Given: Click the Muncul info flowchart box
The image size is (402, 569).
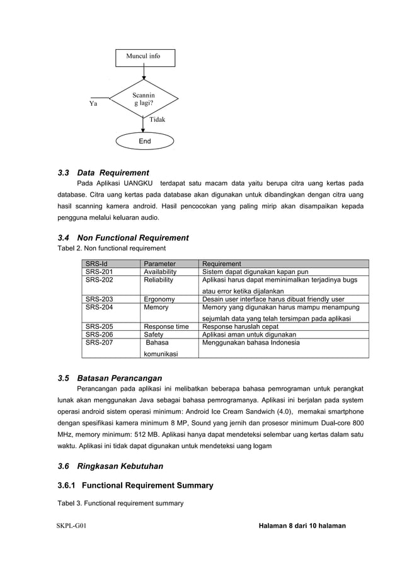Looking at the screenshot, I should point(144,57).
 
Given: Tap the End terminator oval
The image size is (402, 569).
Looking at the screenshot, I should point(144,141).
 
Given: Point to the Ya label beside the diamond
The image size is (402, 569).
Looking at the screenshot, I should point(93,105).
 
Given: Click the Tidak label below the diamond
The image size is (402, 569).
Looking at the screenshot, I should point(156,119).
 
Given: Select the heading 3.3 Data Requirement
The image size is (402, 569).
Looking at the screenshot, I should point(103,172).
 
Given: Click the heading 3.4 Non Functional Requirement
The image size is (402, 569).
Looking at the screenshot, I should point(123,238).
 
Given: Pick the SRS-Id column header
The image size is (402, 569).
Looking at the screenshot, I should point(97,264).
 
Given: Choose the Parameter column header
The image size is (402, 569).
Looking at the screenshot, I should point(159,264).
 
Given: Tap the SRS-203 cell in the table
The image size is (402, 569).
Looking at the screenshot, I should point(100,299).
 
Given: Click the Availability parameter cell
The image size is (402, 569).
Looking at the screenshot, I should point(160,272).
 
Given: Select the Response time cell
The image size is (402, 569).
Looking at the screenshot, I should point(166,326).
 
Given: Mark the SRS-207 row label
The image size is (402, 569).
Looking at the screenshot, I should point(100,343).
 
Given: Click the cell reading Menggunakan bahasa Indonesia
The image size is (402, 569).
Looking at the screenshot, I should point(251,343).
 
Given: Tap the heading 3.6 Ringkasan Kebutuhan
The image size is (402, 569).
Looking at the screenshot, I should point(110,466).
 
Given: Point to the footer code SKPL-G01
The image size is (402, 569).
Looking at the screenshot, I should point(71,526).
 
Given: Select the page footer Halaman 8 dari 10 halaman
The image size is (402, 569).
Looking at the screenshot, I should point(302,526).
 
